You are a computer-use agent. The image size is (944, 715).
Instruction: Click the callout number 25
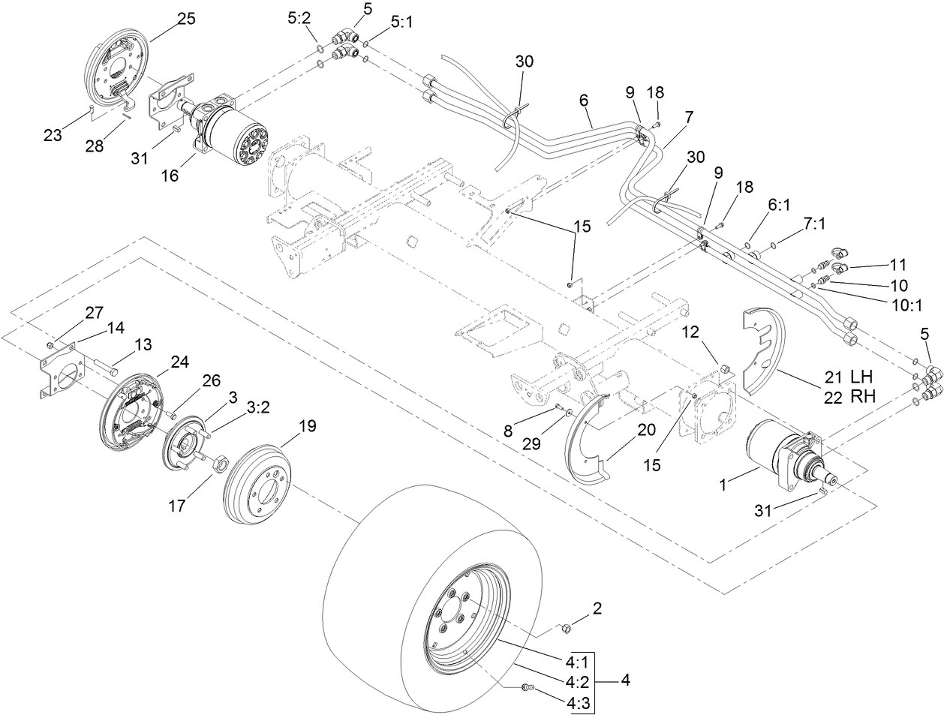[x=185, y=20]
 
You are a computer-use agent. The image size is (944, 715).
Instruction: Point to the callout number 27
[x=53, y=311]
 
